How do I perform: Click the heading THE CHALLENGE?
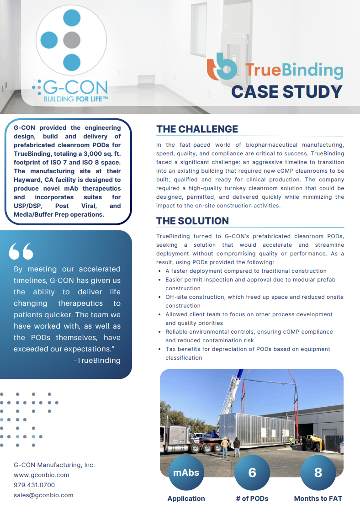[x=197, y=129]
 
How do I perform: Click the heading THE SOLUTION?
[x=192, y=221]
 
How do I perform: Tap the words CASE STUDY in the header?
[x=286, y=91]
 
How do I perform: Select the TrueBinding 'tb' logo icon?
[x=222, y=67]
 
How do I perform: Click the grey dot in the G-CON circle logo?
[x=71, y=40]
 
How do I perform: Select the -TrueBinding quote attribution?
[x=97, y=360]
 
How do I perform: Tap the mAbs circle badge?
[x=186, y=473]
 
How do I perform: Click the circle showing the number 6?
[x=252, y=473]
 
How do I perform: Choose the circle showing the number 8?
[x=318, y=473]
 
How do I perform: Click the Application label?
[x=186, y=499]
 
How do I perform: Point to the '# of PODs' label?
[x=252, y=499]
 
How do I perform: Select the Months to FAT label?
[x=318, y=499]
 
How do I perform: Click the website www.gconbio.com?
[x=41, y=475]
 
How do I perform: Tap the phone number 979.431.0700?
[x=34, y=485]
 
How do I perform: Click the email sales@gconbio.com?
[x=43, y=495]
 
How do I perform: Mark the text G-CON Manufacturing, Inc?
[x=54, y=465]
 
